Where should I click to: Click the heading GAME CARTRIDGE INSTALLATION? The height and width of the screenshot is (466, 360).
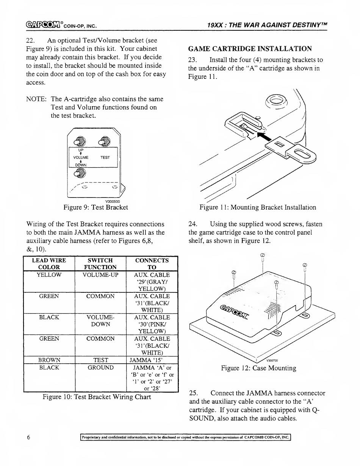tap(250, 49)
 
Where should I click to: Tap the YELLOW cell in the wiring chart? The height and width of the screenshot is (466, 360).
tap(49, 275)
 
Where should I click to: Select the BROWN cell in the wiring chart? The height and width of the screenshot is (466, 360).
tap(49, 360)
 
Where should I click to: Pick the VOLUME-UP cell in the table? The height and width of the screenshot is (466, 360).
tap(100, 275)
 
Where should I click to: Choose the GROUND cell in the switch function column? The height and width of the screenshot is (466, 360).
tap(100, 367)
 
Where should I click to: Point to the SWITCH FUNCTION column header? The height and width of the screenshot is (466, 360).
tap(100, 264)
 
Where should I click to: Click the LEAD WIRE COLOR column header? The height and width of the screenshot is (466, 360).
tap(49, 264)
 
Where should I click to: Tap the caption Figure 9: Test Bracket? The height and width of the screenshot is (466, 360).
tap(96, 207)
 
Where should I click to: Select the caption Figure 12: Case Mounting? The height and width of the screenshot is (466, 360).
tap(259, 368)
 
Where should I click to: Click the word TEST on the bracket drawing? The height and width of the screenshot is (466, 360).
tap(105, 157)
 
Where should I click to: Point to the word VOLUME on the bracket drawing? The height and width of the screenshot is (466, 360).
tap(81, 157)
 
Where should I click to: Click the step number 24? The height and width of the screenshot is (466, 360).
tap(192, 224)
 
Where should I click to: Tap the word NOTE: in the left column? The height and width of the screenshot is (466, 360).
tap(36, 99)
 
